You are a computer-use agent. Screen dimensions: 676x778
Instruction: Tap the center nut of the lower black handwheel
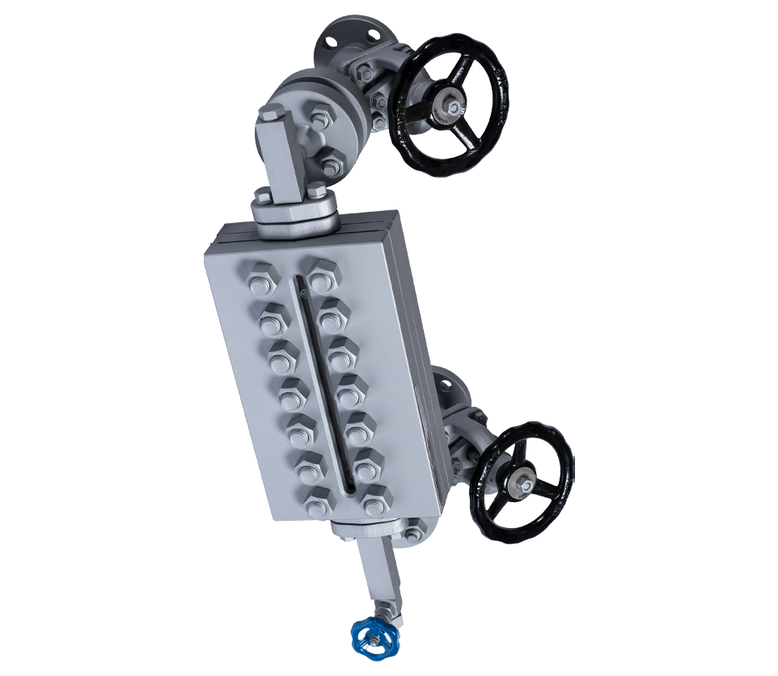click(x=522, y=484)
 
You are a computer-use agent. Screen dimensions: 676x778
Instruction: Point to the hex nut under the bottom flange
click(x=414, y=530)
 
